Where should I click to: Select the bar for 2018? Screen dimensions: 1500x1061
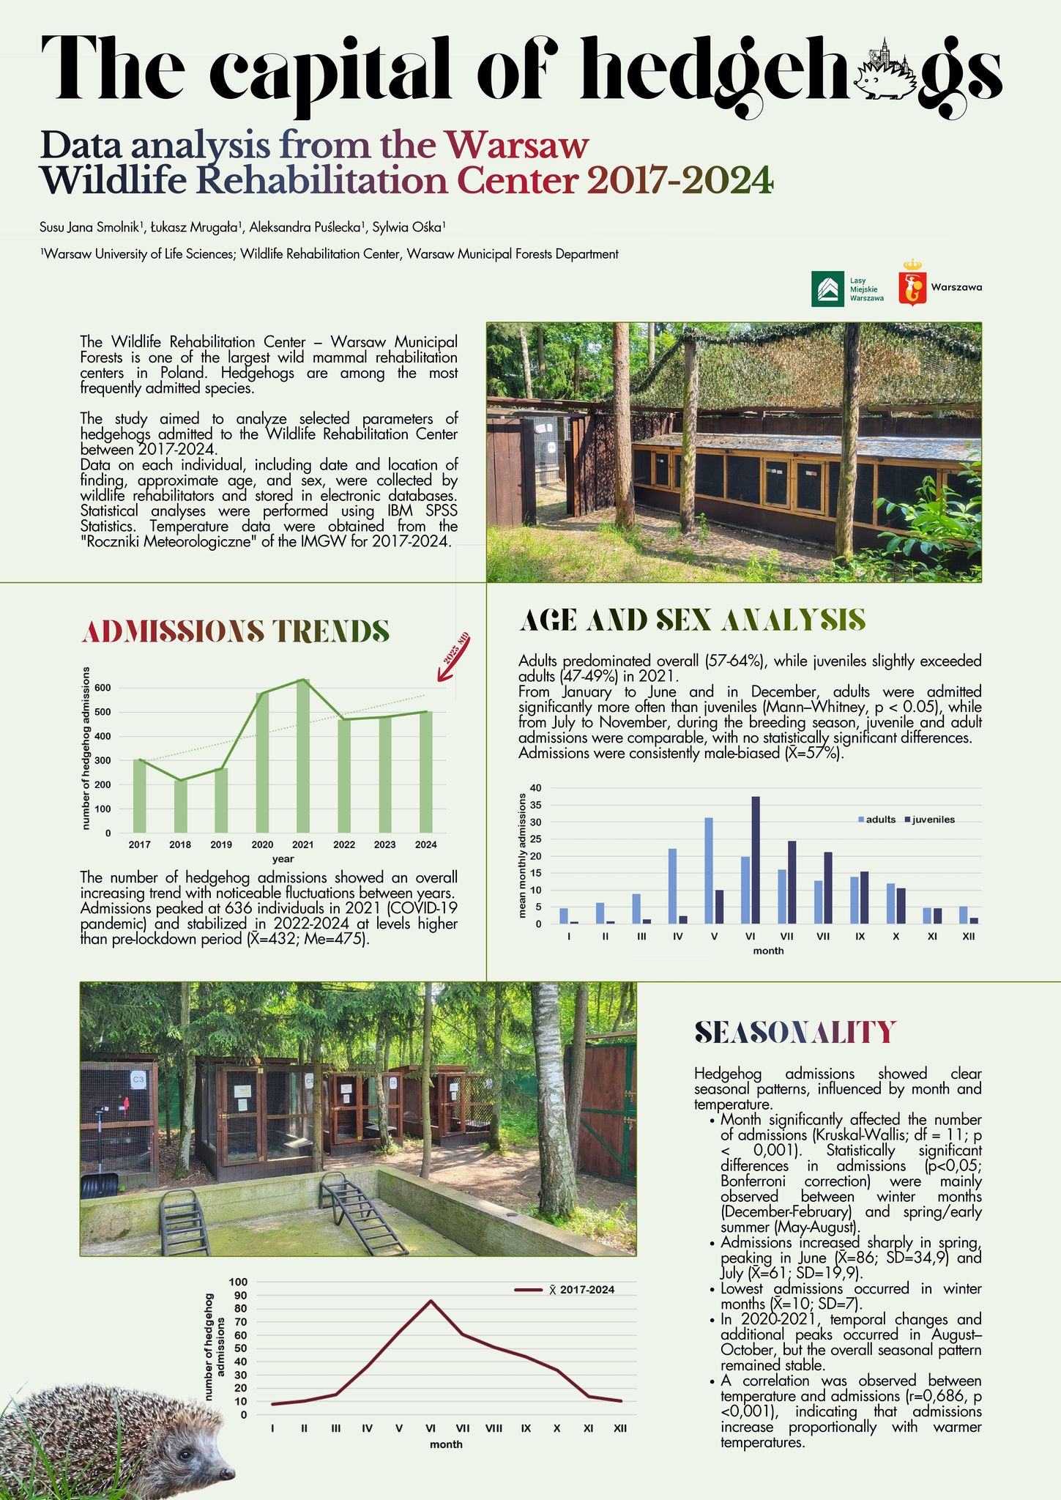pos(180,806)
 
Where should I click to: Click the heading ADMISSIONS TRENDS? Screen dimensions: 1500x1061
pos(237,631)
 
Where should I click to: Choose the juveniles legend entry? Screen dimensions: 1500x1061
pos(930,820)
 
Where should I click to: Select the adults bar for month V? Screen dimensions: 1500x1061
pos(709,870)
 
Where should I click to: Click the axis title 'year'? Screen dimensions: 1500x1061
pos(283,858)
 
